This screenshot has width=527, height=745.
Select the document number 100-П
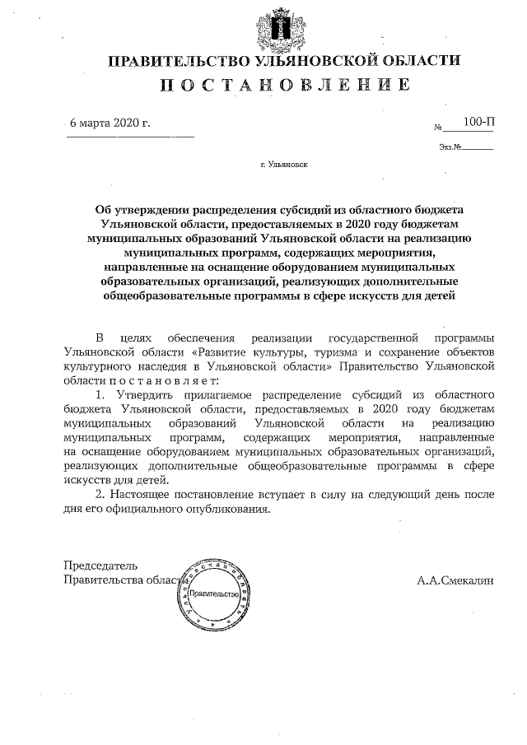478,122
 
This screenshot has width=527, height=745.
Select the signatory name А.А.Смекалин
455,580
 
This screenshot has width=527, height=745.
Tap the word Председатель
100,566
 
